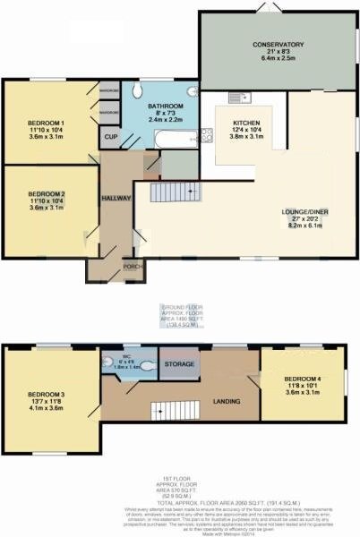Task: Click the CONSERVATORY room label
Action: click(278, 45)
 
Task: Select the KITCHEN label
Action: click(245, 124)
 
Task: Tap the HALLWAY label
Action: click(116, 198)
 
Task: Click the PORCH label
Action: click(132, 266)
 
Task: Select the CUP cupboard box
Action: click(111, 137)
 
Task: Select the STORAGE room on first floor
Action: click(180, 364)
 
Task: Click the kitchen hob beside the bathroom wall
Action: click(204, 136)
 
